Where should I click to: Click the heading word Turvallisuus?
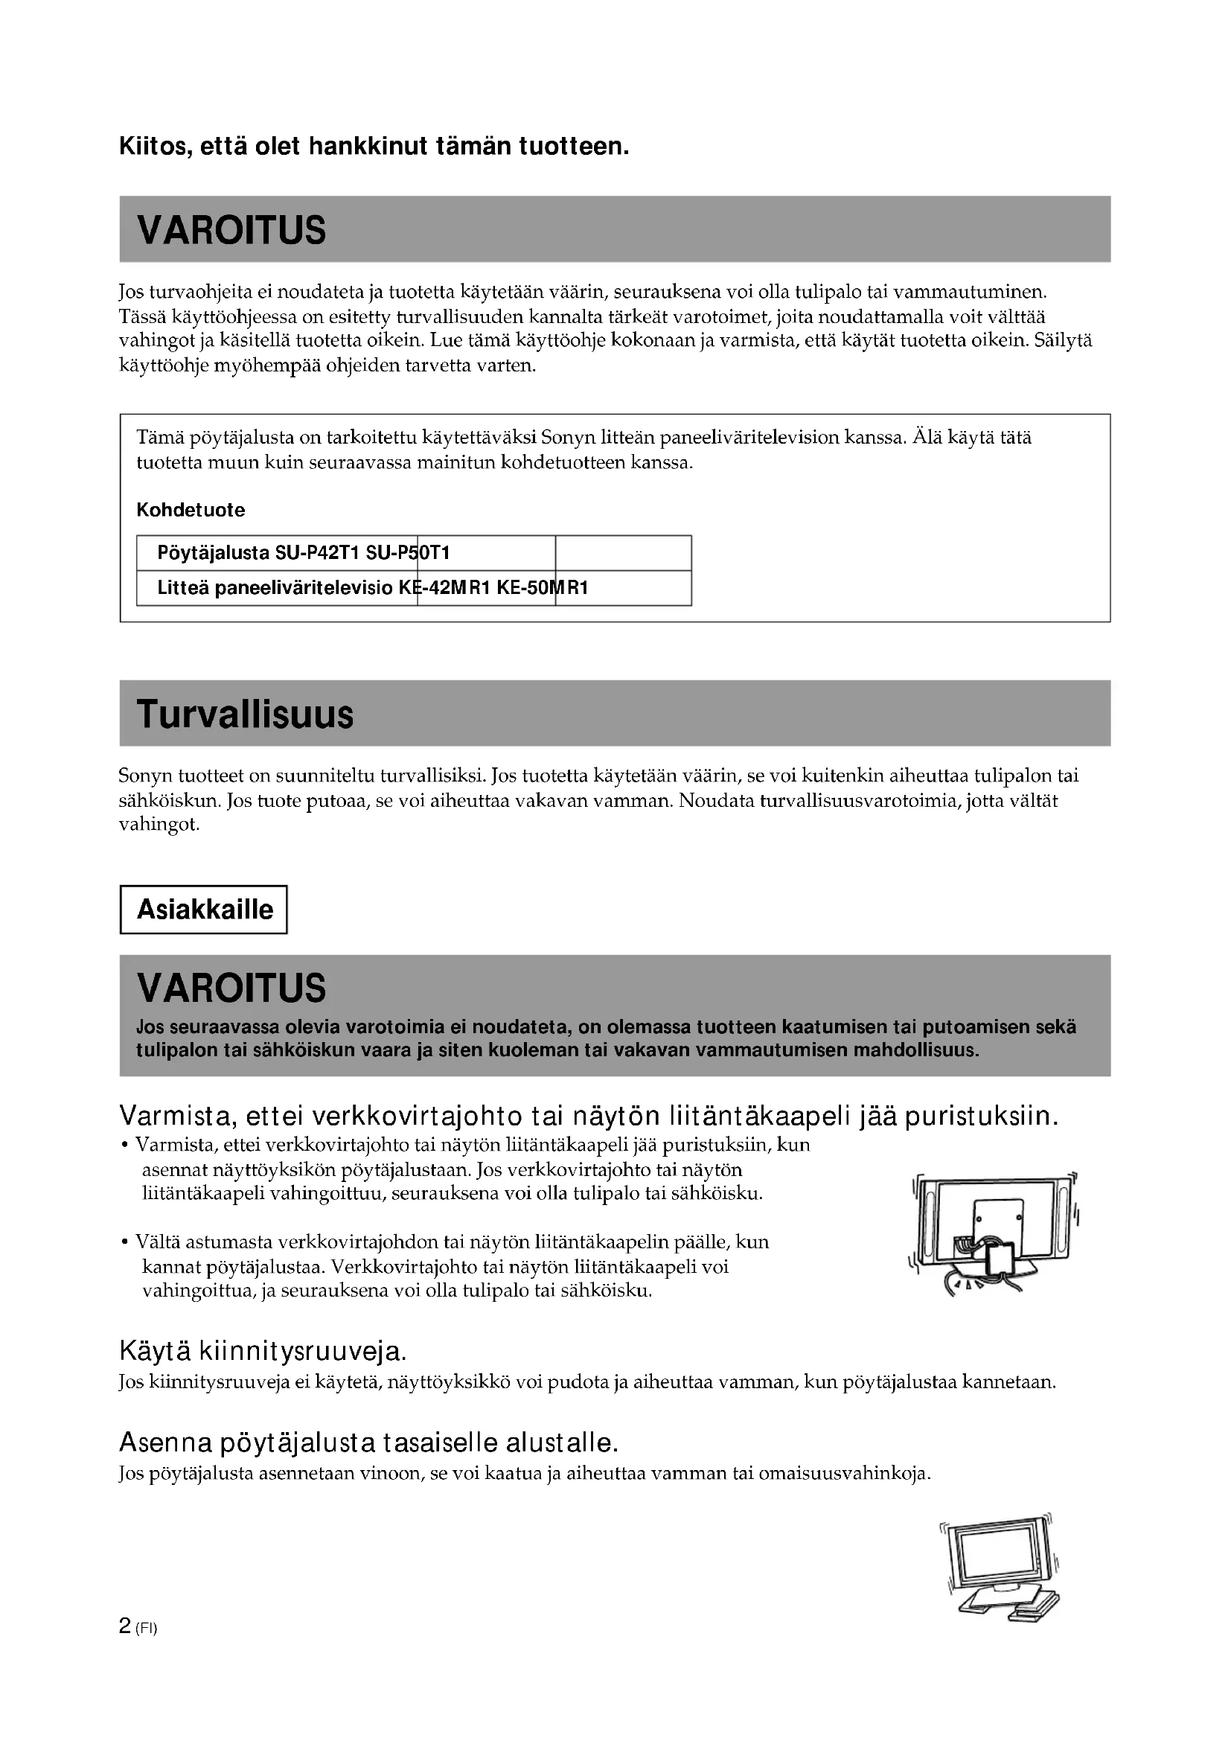click(245, 715)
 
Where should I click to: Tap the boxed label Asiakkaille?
click(205, 909)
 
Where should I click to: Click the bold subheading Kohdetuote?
click(191, 510)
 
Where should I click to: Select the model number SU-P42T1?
click(317, 553)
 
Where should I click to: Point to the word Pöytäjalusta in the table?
click(213, 553)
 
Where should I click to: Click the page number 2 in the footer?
click(125, 1625)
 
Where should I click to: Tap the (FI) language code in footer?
click(147, 1628)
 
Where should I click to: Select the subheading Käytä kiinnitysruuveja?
click(263, 1350)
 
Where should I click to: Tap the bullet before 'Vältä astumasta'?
click(124, 1242)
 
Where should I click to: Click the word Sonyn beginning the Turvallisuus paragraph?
click(146, 776)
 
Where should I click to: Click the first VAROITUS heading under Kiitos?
click(231, 230)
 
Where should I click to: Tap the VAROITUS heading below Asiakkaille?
click(231, 987)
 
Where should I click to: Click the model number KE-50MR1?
click(543, 588)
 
